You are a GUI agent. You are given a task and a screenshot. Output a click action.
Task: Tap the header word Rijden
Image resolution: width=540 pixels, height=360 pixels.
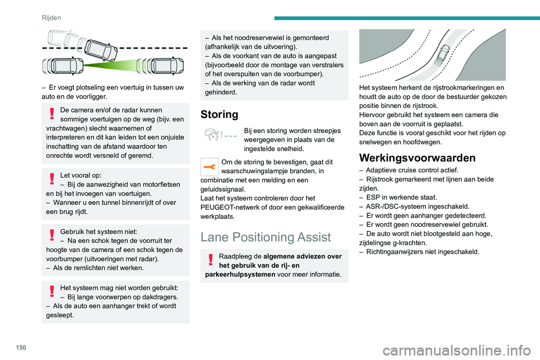point(51,17)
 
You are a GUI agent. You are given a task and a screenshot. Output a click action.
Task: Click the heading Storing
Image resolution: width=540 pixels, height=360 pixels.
point(219,114)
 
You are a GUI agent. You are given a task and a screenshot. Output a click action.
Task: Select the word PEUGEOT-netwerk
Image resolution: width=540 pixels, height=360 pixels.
point(232,208)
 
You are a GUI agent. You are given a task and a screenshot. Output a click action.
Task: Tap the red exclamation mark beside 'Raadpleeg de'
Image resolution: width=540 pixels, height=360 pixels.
point(210,260)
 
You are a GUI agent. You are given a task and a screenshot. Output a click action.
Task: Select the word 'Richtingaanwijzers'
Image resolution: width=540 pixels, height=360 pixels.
point(395,251)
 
